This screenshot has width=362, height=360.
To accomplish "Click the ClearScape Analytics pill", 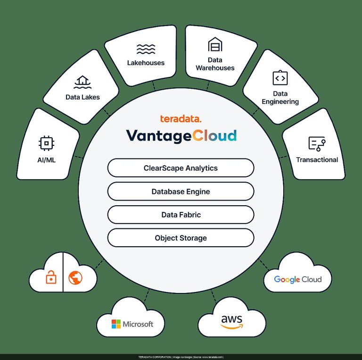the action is pyautogui.click(x=181, y=168).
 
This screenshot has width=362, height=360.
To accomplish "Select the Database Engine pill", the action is pyautogui.click(x=181, y=191).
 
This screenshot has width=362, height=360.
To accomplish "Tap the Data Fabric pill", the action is pyautogui.click(x=181, y=215).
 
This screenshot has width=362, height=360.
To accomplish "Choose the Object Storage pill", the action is pyautogui.click(x=181, y=238).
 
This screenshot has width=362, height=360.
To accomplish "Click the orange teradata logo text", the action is pyautogui.click(x=181, y=119).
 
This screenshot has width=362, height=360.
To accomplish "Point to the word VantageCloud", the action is pyautogui.click(x=181, y=135).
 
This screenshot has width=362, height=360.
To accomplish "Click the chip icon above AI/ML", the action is pyautogui.click(x=46, y=143).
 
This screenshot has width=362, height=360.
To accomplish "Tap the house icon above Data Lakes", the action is pyautogui.click(x=82, y=82).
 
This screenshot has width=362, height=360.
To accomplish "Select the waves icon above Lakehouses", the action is pyautogui.click(x=146, y=49).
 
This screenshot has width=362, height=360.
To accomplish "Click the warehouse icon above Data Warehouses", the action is pyautogui.click(x=215, y=44).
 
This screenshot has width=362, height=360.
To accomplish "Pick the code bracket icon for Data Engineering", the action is pyautogui.click(x=280, y=78).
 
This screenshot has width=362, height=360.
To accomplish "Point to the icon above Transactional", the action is pyautogui.click(x=317, y=144).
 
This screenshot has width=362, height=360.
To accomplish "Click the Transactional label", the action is pyautogui.click(x=317, y=159).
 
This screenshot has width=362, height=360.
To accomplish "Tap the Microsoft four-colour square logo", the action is pyautogui.click(x=116, y=324).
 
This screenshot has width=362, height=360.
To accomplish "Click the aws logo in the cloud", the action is pyautogui.click(x=232, y=322).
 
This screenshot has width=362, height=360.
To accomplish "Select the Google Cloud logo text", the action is pyautogui.click(x=298, y=279).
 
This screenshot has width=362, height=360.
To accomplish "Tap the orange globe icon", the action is pyautogui.click(x=75, y=277).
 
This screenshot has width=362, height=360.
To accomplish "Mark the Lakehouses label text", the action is pyautogui.click(x=146, y=63).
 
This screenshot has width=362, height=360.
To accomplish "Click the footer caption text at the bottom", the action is pyautogui.click(x=181, y=357).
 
